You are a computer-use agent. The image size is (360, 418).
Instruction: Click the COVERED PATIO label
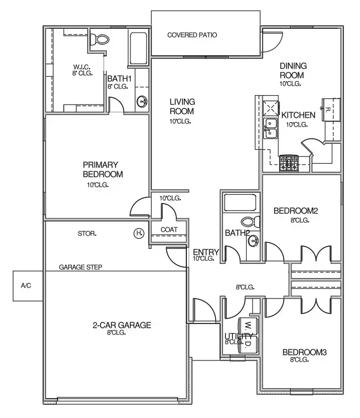click(192, 35)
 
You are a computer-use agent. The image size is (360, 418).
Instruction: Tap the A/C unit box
click(26, 286)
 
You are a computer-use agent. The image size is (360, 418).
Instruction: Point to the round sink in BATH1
click(142, 101)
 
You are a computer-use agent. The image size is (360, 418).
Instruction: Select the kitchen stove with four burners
click(288, 162)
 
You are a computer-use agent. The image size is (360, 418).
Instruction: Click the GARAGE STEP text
click(81, 267)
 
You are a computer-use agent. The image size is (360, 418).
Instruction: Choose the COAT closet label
click(168, 230)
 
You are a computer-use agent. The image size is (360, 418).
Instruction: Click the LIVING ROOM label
click(180, 106)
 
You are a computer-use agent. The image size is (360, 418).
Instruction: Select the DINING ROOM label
click(293, 70)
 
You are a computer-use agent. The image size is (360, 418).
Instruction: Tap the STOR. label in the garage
click(87, 234)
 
